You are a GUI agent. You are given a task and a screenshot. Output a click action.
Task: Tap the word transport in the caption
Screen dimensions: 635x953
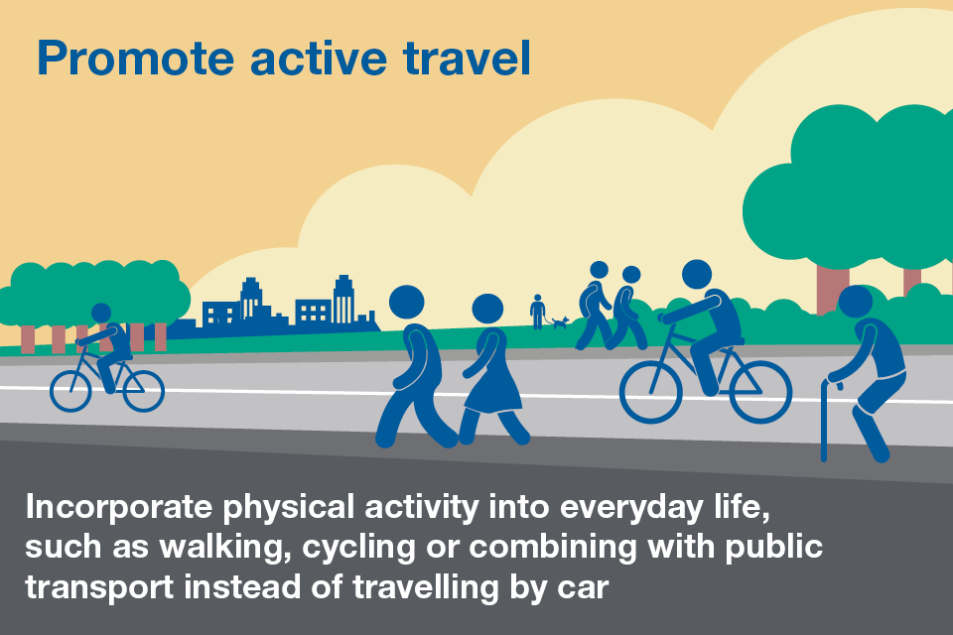tap(92, 587)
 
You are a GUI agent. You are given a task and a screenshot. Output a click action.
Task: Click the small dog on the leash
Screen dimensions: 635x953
tap(561, 321)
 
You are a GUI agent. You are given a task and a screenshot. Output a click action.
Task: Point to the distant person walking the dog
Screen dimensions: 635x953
tap(537, 311)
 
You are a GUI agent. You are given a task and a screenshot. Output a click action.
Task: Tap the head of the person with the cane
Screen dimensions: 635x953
tap(855, 301)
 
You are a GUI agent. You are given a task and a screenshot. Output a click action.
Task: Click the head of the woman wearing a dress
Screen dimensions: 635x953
tap(487, 309)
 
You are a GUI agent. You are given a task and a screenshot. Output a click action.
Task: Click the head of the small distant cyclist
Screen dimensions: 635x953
tap(101, 314)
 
